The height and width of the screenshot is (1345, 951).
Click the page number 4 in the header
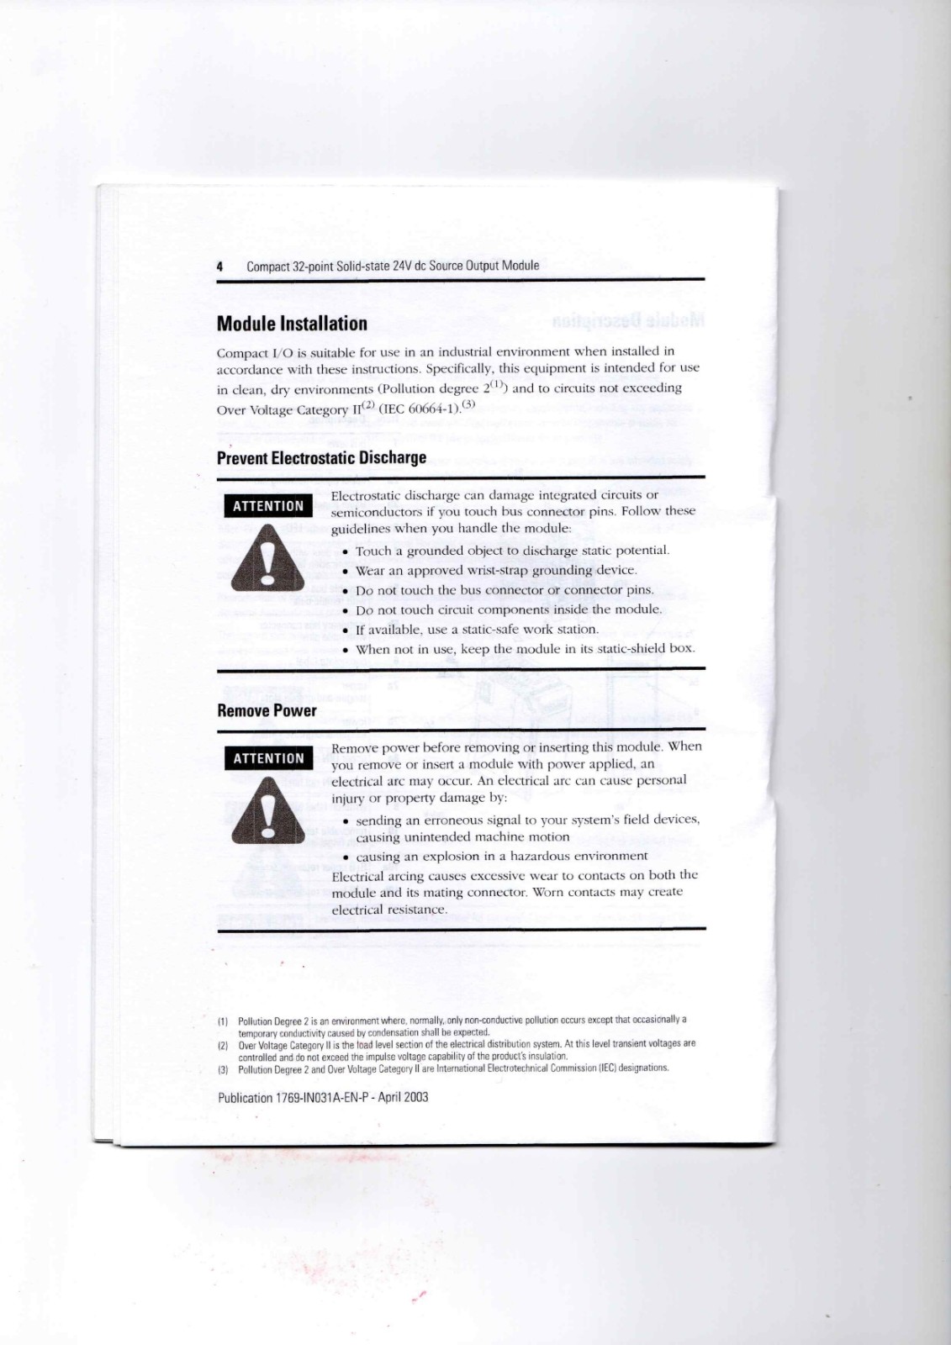coord(220,266)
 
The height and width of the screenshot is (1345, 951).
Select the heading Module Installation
coord(292,324)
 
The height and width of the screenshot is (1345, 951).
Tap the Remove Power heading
coord(267,710)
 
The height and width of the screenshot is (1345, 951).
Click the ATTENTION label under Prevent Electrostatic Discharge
coord(268,506)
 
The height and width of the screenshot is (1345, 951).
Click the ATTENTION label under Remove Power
coord(268,758)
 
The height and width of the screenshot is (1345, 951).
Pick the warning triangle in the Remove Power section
coord(267,811)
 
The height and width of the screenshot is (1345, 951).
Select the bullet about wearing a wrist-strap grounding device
coord(496,570)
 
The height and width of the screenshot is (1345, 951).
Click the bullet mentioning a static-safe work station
coord(477,629)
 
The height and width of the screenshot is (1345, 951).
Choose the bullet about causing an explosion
coord(501,856)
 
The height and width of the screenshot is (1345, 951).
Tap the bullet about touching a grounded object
coord(512,551)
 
